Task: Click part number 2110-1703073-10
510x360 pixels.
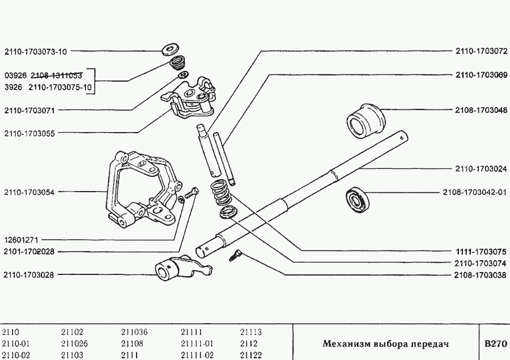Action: click(x=35, y=52)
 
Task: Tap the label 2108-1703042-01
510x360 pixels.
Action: click(x=474, y=192)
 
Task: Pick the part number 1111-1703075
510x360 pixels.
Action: click(x=481, y=251)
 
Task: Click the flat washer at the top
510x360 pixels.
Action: click(x=170, y=49)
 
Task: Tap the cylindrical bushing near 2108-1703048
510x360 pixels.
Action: click(x=365, y=120)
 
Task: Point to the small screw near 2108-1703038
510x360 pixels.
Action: click(x=235, y=256)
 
